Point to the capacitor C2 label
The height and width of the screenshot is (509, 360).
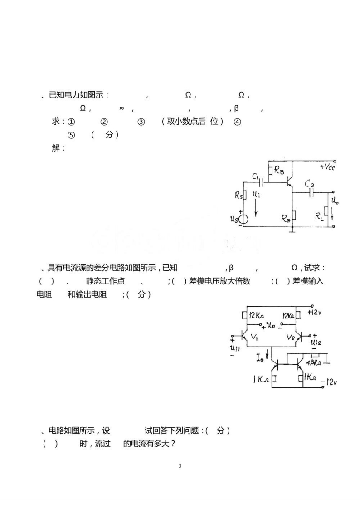pyautogui.click(x=309, y=184)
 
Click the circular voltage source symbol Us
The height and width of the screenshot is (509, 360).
pyautogui.click(x=243, y=220)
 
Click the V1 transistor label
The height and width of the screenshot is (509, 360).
pyautogui.click(x=254, y=337)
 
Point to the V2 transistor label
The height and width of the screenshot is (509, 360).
pyautogui.click(x=291, y=337)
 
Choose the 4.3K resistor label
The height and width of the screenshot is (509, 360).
pyautogui.click(x=314, y=362)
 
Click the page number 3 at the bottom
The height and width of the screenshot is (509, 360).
pyautogui.click(x=180, y=466)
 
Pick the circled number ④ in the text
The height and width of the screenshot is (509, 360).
pyautogui.click(x=237, y=122)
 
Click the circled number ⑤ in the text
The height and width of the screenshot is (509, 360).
pyautogui.click(x=71, y=135)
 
